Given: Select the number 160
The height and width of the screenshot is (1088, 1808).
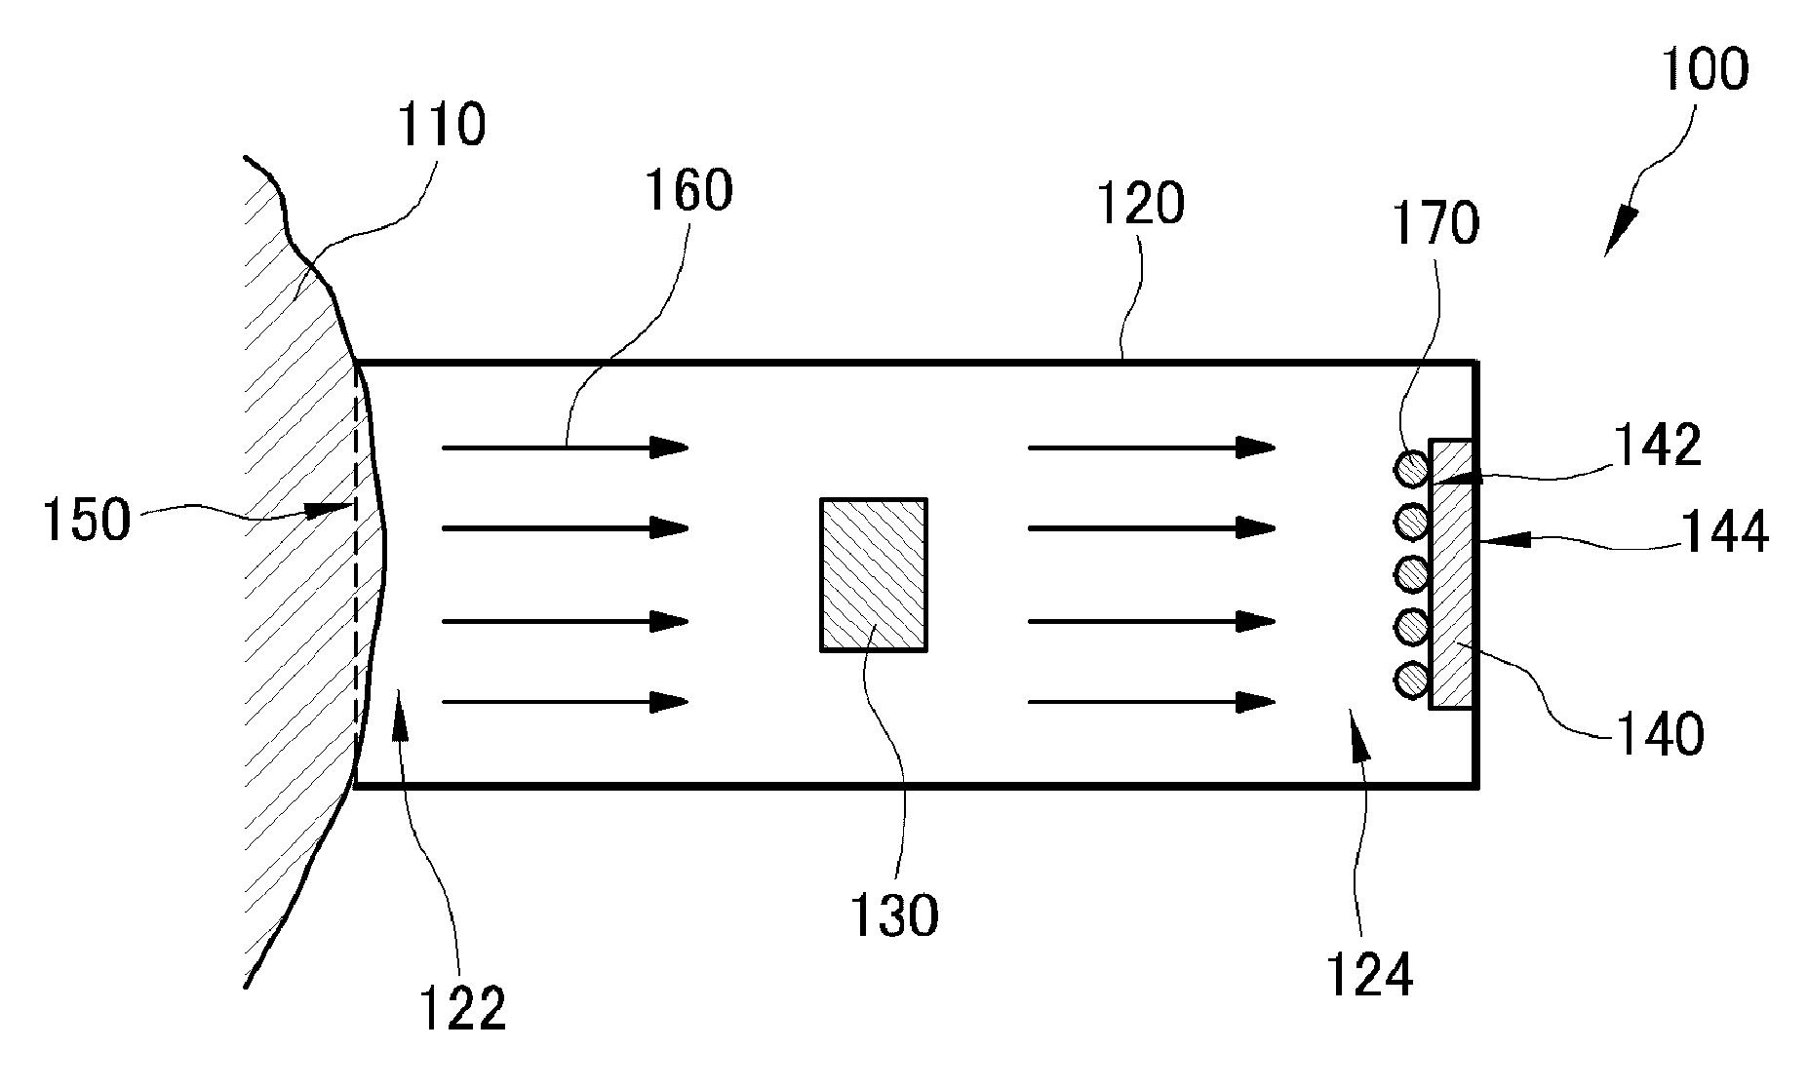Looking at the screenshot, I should (x=688, y=190).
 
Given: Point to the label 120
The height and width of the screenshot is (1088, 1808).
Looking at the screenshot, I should (x=1140, y=205).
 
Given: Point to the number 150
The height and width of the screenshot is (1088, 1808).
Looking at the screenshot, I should (x=86, y=520).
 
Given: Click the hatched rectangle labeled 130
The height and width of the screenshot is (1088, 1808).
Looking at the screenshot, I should (x=873, y=574).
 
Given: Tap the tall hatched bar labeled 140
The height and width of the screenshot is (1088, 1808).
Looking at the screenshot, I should (x=1450, y=574).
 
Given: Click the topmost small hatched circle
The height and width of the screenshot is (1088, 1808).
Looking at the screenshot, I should (x=1411, y=470).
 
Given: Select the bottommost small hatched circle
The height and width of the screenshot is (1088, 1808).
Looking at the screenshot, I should (x=1411, y=679).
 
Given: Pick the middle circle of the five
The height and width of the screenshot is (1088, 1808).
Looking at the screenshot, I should (x=1411, y=574).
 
